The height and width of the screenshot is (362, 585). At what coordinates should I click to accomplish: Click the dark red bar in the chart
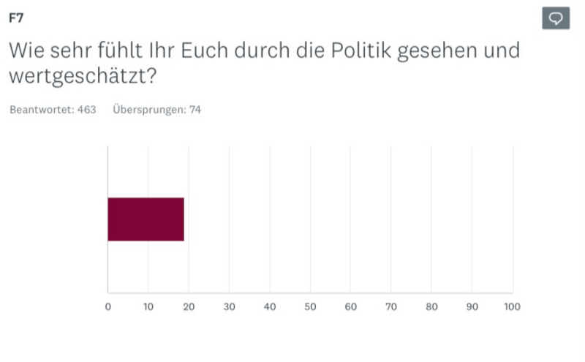tap(146, 219)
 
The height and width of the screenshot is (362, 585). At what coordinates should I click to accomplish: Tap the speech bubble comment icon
tap(556, 18)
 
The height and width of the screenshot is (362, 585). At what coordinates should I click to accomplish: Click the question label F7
tap(15, 18)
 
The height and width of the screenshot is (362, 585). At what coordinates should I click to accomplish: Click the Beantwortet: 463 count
tap(53, 110)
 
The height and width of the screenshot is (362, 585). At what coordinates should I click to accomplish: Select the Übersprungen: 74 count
tap(156, 110)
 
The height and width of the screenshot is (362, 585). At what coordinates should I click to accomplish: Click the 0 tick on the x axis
tap(108, 307)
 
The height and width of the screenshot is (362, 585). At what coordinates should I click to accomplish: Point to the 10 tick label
tap(148, 307)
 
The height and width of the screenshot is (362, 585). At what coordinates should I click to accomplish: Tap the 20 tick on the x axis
tap(189, 307)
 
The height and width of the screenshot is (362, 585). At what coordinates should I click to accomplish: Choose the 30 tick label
tap(229, 307)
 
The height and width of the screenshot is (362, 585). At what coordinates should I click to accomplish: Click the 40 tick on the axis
tap(270, 307)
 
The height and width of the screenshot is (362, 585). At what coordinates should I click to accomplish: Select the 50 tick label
tap(310, 307)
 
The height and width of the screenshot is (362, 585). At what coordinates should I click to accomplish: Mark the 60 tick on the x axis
tap(350, 307)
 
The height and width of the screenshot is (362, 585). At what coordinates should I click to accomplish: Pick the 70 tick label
tap(391, 307)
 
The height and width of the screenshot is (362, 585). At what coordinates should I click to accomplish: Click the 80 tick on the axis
tap(431, 307)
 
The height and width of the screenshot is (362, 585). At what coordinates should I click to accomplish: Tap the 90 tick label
tap(472, 307)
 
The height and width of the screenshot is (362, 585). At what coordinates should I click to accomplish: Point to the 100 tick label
tap(512, 307)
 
